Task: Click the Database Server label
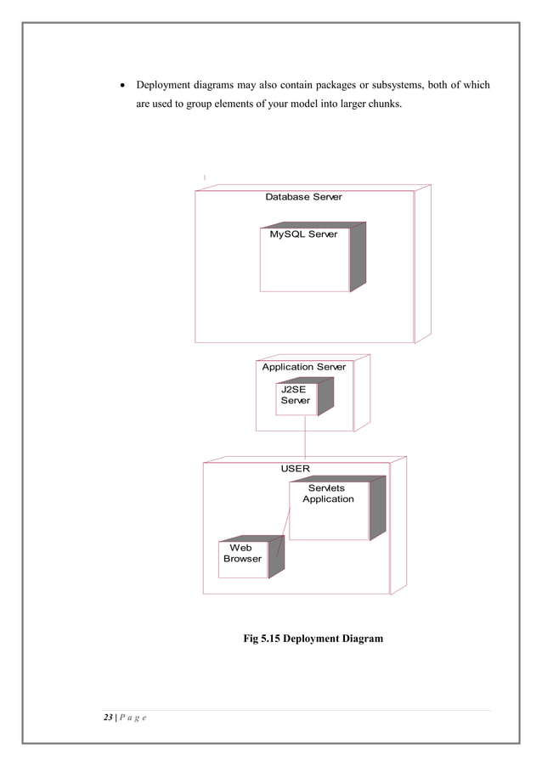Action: tap(303, 197)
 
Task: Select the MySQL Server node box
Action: tap(304, 259)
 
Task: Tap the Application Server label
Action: tap(303, 367)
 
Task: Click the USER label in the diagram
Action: tap(296, 468)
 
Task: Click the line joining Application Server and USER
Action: tap(304, 446)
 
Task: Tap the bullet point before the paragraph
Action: tap(124, 86)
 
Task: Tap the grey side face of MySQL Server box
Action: tap(358, 256)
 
